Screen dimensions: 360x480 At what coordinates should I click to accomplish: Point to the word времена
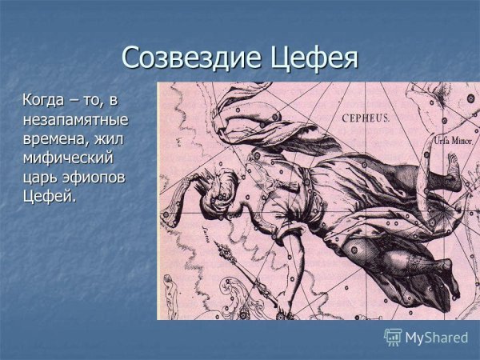pyautogui.click(x=57, y=138)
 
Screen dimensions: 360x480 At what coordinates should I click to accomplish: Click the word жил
pyautogui.click(x=114, y=138)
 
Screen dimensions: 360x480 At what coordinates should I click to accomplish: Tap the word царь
pyautogui.click(x=42, y=177)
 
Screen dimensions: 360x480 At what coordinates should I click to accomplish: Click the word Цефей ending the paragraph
pyautogui.click(x=50, y=196)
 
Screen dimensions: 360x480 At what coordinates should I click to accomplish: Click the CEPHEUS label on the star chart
pyautogui.click(x=366, y=118)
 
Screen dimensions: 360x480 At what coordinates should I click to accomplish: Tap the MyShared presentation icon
pyautogui.click(x=393, y=337)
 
